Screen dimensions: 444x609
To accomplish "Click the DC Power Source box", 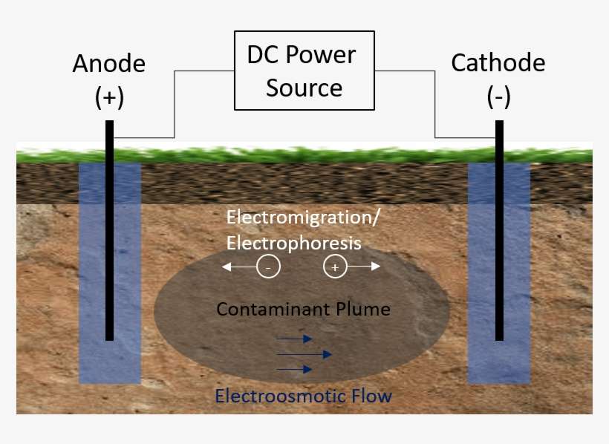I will coord(304,71).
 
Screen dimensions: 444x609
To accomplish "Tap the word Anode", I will coord(108,64).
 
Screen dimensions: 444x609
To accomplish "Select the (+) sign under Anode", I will coord(109,97).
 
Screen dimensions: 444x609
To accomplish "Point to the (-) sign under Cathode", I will coord(498,97).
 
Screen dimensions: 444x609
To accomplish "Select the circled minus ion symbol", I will coord(268,267).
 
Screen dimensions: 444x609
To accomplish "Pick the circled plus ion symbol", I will coord(335,267).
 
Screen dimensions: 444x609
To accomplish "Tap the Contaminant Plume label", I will coord(303,308).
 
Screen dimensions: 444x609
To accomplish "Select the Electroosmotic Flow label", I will coord(303,396).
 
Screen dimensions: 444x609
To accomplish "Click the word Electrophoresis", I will coord(293,243).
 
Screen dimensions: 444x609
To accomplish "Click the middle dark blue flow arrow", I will coord(304,353).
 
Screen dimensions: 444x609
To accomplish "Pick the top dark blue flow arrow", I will coord(294,339).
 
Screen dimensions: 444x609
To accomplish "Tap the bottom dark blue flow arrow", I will coord(294,369).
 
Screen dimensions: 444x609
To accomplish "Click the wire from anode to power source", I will coord(174,104).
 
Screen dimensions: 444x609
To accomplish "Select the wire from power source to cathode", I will coord(435,104).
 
